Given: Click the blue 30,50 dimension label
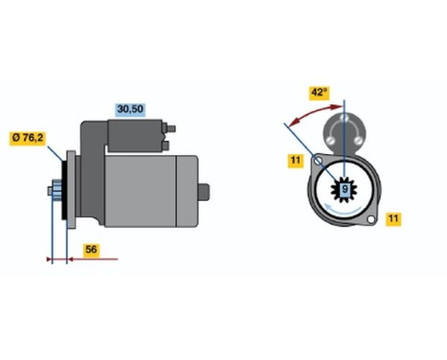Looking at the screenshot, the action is point(129,109).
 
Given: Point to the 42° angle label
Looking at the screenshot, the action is point(319,92).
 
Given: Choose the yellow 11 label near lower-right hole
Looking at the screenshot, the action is point(393,219).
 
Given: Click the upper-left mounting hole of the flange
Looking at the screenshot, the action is point(319,164).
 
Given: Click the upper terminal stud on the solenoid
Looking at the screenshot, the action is point(174,127).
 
